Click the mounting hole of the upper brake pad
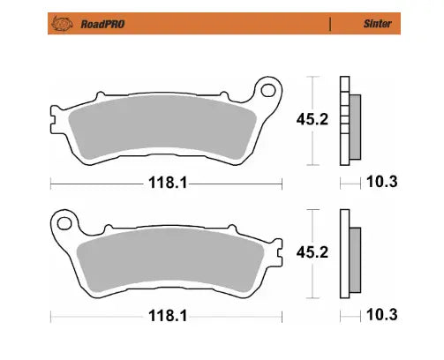point(265,91)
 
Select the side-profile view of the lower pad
point(349,254)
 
